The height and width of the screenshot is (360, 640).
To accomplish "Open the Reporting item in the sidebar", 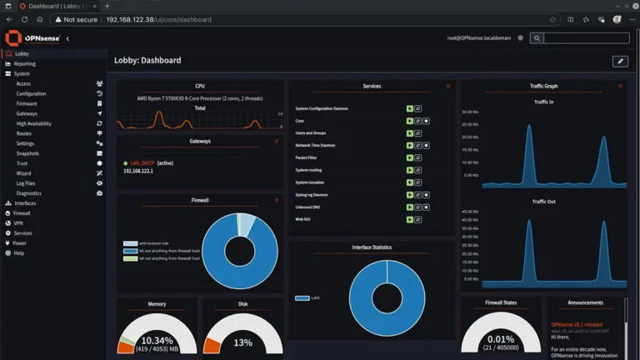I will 24,63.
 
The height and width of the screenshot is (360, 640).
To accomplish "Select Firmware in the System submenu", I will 27,103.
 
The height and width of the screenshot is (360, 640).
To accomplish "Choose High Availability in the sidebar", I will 33,123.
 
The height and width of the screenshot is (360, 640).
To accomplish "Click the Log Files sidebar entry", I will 26,183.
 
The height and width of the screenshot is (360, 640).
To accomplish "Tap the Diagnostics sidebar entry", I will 28,193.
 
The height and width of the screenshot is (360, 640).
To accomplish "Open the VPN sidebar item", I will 18,223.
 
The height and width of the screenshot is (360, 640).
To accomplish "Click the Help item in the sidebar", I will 18,253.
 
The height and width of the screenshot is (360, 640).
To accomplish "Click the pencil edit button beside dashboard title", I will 619,61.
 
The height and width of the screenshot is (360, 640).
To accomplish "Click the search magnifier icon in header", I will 537,38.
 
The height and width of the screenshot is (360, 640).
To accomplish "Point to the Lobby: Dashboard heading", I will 147,61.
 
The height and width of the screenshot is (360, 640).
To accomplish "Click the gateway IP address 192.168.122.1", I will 139,171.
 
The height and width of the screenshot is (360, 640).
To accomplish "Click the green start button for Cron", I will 409,121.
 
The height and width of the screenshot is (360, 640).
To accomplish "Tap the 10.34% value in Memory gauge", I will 157,341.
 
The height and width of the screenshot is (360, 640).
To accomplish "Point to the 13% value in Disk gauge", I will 242,342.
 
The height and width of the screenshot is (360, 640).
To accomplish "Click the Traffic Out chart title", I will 543,202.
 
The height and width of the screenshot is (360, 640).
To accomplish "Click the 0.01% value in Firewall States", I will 501,339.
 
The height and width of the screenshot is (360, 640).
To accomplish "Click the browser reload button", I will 24,19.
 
